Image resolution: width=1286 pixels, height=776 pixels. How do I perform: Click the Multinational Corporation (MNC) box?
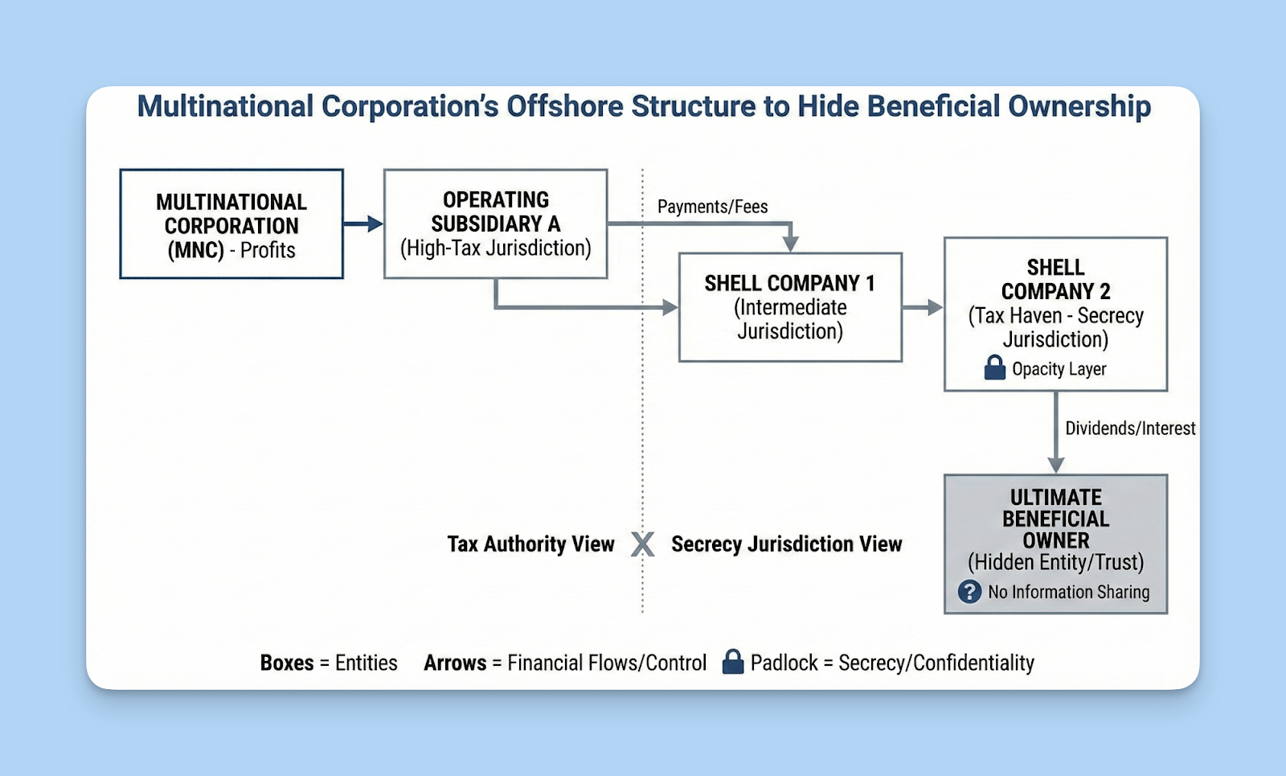[231, 224]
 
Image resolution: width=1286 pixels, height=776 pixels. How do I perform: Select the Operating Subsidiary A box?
[495, 224]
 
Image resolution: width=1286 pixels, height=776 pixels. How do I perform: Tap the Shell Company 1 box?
[790, 307]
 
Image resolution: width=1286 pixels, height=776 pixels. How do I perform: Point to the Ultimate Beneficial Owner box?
[1055, 544]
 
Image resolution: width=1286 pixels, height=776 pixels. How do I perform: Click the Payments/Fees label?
[712, 207]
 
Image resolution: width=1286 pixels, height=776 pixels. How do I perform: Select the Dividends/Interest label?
[1129, 429]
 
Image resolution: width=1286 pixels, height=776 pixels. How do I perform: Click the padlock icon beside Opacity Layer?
[995, 367]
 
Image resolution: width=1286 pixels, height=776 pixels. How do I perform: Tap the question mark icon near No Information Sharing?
[969, 592]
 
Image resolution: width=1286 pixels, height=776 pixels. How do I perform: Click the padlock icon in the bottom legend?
[732, 662]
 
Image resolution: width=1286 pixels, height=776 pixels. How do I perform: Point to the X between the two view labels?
[642, 544]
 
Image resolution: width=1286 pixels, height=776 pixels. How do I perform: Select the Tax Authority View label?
[530, 544]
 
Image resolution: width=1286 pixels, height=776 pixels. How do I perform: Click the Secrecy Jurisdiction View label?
[786, 544]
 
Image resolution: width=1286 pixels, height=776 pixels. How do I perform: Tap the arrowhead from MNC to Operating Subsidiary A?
[375, 224]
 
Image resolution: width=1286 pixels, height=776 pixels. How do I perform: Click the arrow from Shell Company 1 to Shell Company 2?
[922, 307]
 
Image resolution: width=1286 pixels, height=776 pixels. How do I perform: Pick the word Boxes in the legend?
[287, 663]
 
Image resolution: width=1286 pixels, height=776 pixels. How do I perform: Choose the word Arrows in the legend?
[455, 663]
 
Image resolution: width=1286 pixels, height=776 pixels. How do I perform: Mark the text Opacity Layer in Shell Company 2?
[1059, 369]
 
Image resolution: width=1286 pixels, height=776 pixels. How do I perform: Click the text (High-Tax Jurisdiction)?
[495, 248]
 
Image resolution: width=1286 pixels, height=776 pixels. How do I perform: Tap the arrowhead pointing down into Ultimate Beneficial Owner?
[1055, 465]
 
